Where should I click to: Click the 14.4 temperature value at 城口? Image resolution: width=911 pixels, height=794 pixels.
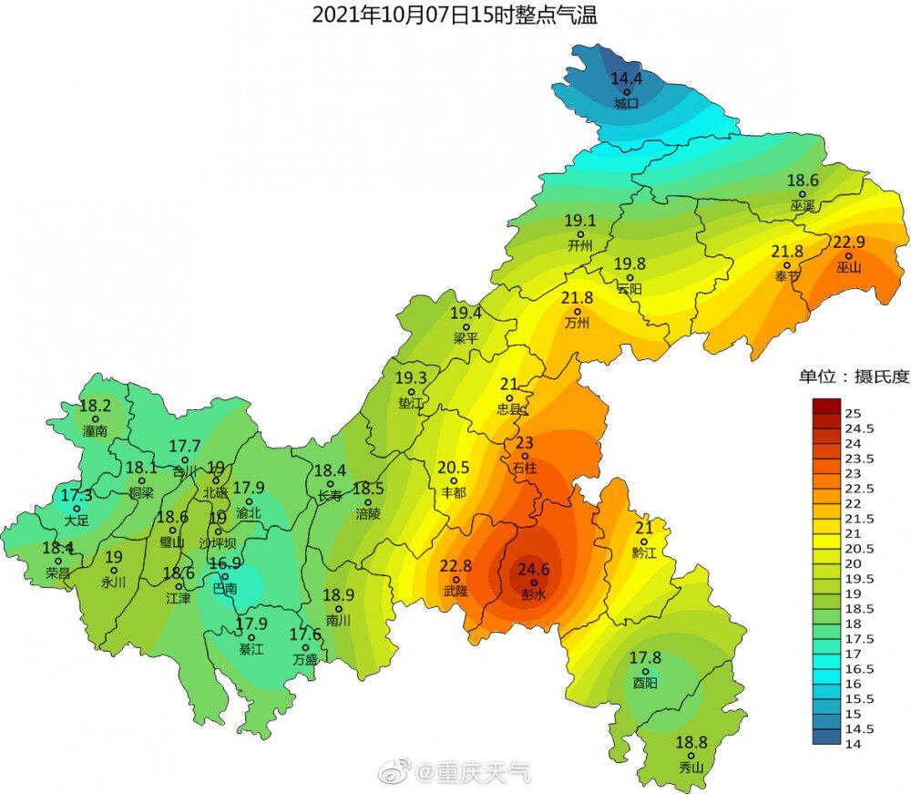pos(626,78)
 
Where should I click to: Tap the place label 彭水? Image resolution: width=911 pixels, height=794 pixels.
pos(534,594)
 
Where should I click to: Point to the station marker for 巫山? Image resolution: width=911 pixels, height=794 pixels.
pos(848,255)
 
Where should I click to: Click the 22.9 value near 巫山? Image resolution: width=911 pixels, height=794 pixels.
pos(848,242)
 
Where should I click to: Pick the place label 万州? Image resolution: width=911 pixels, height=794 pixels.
pos(577,323)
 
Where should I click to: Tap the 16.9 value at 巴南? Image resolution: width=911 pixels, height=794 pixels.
pos(225,563)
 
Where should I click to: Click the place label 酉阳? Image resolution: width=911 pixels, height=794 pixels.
pos(645,683)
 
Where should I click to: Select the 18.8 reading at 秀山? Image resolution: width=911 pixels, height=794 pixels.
pos(691,742)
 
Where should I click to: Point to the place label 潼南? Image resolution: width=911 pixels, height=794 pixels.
pos(95,430)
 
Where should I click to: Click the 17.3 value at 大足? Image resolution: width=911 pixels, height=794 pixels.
pos(77,496)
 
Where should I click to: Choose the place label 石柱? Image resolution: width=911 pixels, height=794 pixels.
pos(526,467)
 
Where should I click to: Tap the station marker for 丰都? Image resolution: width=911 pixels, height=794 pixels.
pos(453,481)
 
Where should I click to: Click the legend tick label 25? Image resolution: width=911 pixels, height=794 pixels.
pos(854,413)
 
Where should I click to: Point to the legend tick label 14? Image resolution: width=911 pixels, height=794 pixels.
pos(854,744)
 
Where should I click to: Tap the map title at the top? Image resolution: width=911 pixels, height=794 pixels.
pos(455,15)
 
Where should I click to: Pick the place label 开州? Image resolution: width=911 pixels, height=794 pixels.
pos(579,245)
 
